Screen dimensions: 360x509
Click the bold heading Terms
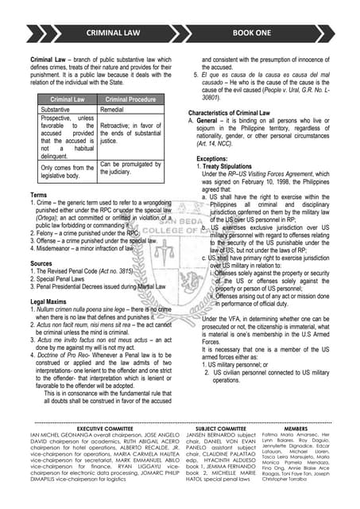pos(38,195)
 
